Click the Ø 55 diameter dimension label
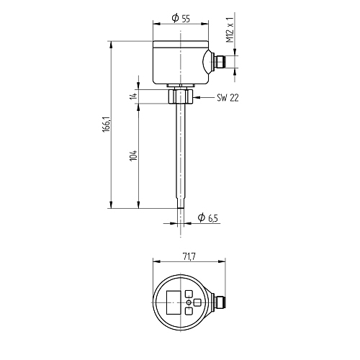pyautogui.click(x=181, y=18)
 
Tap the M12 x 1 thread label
pyautogui.click(x=230, y=30)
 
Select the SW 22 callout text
pyautogui.click(x=228, y=98)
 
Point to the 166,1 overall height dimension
pyautogui.click(x=107, y=125)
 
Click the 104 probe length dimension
pyautogui.click(x=133, y=156)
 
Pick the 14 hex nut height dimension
pyautogui.click(x=133, y=96)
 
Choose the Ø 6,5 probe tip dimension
pyautogui.click(x=208, y=217)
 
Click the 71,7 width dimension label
pyautogui.click(x=189, y=256)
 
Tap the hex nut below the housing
pyautogui.click(x=181, y=96)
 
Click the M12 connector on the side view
pyautogui.click(x=220, y=62)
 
